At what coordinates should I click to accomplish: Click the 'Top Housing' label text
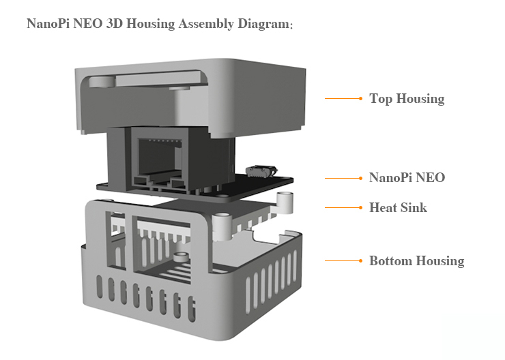(407, 98)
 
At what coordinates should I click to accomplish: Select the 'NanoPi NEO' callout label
(407, 177)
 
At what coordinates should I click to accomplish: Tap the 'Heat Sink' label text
(398, 207)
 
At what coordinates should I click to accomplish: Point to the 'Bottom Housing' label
(417, 261)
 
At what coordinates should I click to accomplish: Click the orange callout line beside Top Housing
(344, 98)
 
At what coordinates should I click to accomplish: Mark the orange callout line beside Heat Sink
(344, 207)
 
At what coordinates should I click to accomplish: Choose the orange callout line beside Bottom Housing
(344, 260)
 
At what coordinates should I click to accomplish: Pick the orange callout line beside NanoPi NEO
(344, 178)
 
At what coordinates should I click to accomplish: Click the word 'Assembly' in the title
(206, 24)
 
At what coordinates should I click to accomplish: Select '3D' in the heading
(115, 23)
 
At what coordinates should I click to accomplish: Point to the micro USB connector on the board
(261, 171)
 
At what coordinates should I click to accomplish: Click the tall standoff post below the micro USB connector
(285, 202)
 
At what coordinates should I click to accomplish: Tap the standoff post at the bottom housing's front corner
(222, 226)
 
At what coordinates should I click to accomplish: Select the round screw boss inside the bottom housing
(181, 257)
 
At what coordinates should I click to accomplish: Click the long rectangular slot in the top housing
(160, 79)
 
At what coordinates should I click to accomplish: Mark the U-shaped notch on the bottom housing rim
(265, 236)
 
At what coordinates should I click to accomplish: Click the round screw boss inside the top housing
(102, 81)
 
